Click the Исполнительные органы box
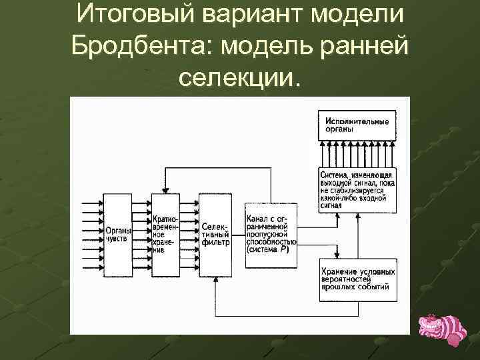357,125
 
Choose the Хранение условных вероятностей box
357,279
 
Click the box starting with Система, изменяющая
357,188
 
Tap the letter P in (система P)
284,251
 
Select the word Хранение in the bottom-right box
339,271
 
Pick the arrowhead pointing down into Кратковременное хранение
167,191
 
